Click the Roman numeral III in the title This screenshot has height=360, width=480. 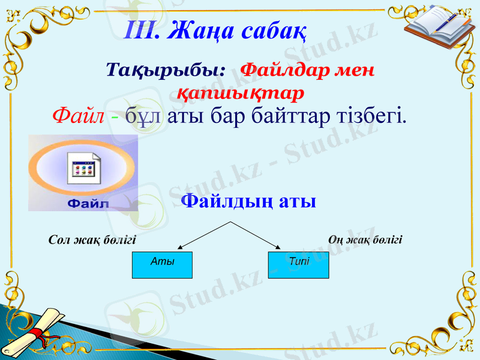142,29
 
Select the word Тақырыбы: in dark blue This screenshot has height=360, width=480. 166,70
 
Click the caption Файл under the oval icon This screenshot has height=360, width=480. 86,203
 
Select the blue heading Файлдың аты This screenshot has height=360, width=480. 248,200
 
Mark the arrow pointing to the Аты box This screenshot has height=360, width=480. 203,235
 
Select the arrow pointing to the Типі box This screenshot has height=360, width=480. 256,235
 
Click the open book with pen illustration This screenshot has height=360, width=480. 434,24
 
